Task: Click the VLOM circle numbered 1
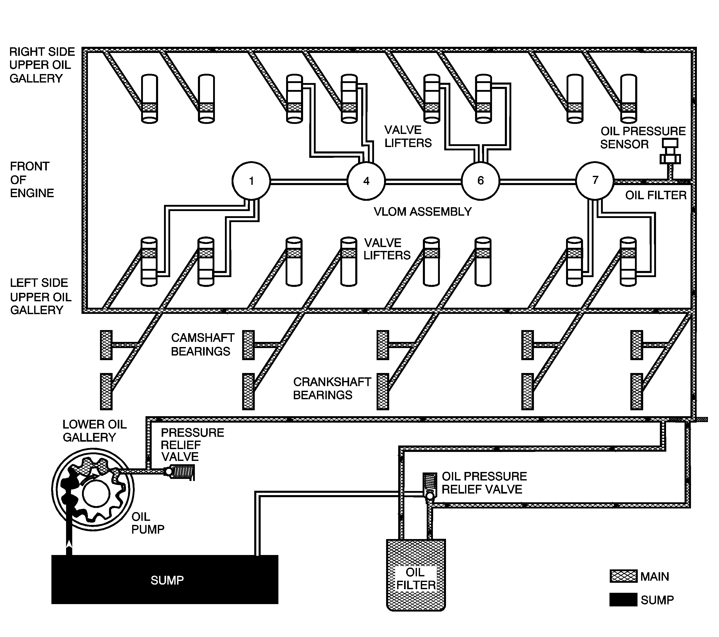click(x=251, y=181)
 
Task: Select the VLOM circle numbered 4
click(x=366, y=181)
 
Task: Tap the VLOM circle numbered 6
click(x=480, y=180)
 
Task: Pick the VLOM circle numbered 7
click(x=595, y=180)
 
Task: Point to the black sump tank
click(x=165, y=580)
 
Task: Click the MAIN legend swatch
click(x=623, y=576)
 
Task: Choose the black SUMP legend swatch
click(x=623, y=599)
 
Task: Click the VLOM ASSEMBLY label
click(x=422, y=212)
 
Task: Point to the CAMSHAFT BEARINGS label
click(x=202, y=344)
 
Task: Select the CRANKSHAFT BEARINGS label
click(x=332, y=388)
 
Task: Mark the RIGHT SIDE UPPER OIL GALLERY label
click(x=41, y=65)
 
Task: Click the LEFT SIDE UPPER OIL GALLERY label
click(x=40, y=296)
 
